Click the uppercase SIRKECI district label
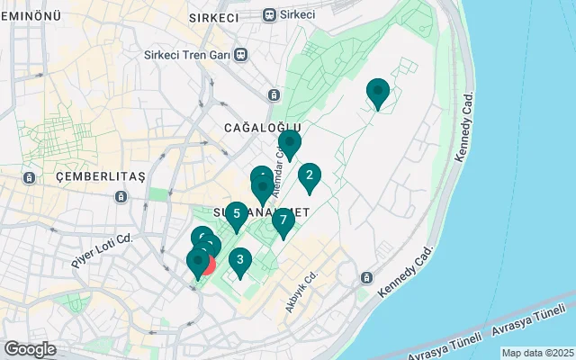tap(214, 17)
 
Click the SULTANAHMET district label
tap(261, 212)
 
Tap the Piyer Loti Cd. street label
tap(102, 251)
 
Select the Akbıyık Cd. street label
tap(302, 292)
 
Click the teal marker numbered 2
tap(310, 175)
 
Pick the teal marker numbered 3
tap(239, 259)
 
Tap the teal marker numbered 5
tap(236, 214)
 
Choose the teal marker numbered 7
tap(283, 220)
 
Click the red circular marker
tap(206, 264)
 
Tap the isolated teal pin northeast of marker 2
tap(378, 91)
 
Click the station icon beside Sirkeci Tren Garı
tap(241, 54)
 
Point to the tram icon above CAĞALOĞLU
tap(273, 94)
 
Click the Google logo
tap(30, 349)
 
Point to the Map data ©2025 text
tap(537, 353)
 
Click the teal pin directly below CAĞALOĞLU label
tap(289, 142)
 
